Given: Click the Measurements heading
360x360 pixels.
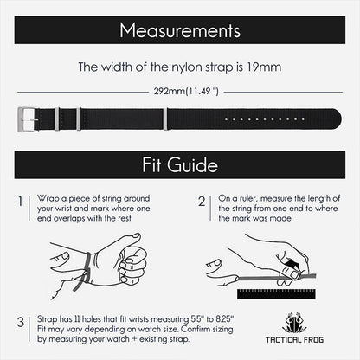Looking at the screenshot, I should click(179, 32).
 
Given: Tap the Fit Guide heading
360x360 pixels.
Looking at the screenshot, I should click(180, 165).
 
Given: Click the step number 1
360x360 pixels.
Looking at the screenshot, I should click(20, 202).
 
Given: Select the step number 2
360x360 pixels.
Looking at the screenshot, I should click(202, 202).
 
